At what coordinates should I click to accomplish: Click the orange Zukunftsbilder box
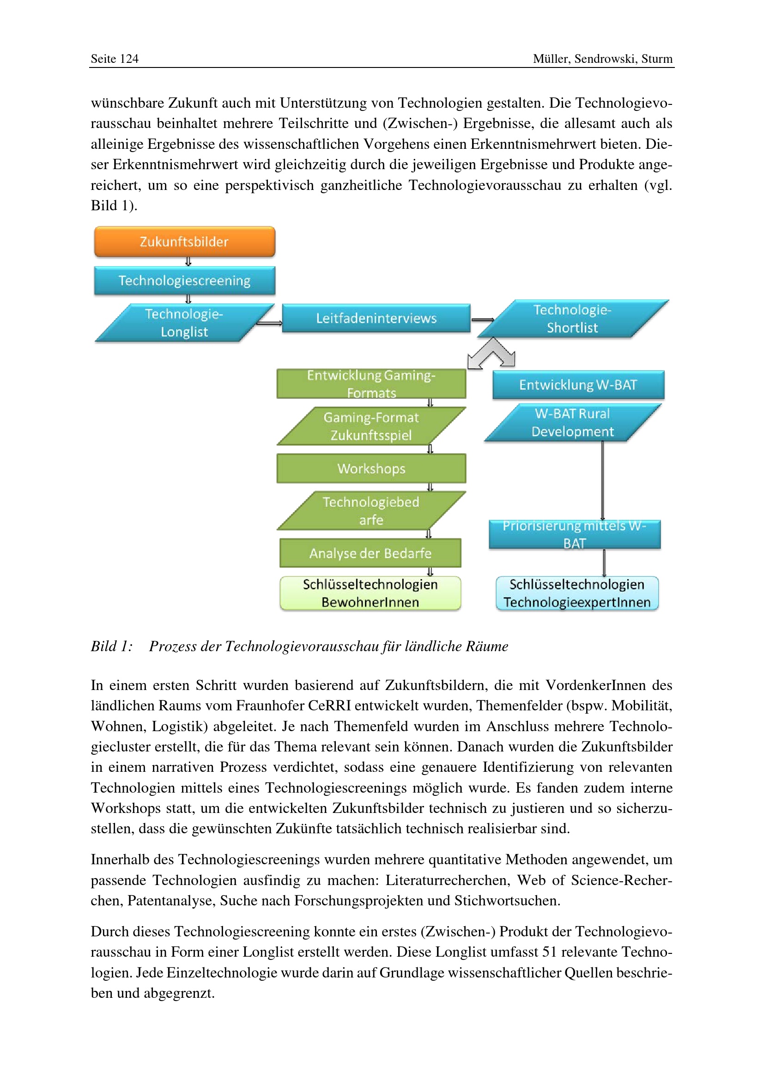coord(184,242)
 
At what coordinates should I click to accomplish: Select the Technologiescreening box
coord(184,281)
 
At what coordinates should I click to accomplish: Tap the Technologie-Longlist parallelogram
coord(184,323)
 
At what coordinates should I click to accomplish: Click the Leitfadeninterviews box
coord(376,318)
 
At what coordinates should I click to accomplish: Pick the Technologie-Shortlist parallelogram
coord(572,319)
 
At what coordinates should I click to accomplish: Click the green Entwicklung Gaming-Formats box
coord(371,384)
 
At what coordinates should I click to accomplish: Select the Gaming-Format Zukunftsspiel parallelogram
coord(371,426)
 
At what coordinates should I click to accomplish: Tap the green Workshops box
coord(371,469)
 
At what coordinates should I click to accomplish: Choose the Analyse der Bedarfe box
coord(370,553)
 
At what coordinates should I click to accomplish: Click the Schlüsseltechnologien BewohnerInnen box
coord(370,593)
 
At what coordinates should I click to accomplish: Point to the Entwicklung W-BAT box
coord(578,385)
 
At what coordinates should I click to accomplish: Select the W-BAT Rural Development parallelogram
coord(572,422)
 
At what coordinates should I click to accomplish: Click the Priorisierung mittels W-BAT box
coord(575,534)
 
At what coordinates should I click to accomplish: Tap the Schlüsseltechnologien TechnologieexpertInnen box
coord(577,593)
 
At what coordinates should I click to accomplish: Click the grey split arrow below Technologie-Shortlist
coord(491,354)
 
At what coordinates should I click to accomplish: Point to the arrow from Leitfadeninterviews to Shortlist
coord(482,320)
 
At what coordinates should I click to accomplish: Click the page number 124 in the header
coord(129,59)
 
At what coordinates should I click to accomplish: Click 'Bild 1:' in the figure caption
coord(112,646)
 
